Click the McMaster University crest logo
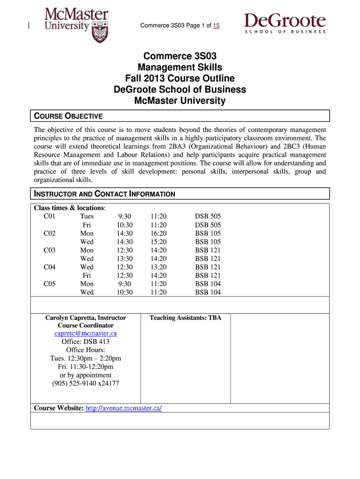100,31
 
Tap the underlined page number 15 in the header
216,26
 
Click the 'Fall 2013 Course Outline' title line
180,79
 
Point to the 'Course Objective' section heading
68,116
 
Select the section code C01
50,216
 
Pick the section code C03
50,250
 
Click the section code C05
50,284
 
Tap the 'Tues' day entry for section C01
86,216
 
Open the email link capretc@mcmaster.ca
86,334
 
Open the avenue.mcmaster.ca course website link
124,408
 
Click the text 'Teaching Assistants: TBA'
185,318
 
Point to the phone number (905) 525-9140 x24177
86,384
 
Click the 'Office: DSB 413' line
86,341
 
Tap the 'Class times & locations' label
70,208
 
